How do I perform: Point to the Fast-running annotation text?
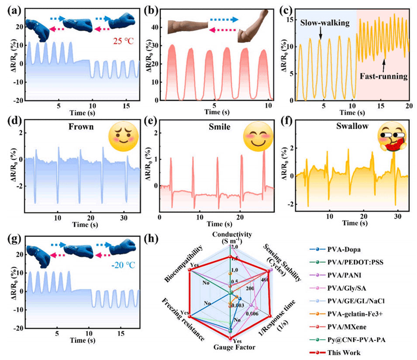pos(384,76)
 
